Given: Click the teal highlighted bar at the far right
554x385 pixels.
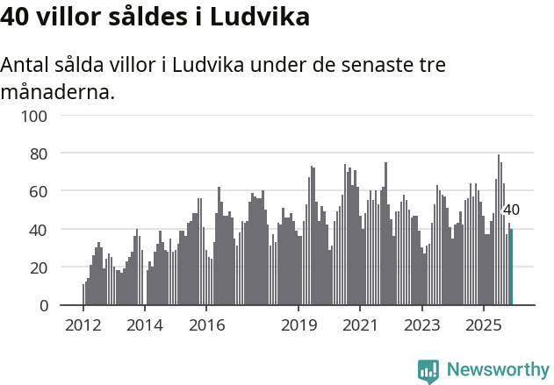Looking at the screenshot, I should (511, 267).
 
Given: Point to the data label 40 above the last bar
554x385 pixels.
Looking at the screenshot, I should (511, 210).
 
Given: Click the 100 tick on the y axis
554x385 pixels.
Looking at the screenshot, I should (34, 116).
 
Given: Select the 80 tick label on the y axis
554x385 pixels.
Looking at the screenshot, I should (38, 153).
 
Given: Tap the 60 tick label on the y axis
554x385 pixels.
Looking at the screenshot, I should (38, 191).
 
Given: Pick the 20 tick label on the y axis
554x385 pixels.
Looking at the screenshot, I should (38, 267).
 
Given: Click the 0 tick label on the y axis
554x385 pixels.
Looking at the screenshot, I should (42, 305).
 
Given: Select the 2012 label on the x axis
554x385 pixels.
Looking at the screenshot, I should (83, 324).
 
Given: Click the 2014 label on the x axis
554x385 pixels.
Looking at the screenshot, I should (145, 324).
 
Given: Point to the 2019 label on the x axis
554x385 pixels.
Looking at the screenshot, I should (299, 324).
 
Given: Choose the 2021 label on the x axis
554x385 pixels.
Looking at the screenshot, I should (360, 324).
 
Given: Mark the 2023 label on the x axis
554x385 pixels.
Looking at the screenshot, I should (421, 324).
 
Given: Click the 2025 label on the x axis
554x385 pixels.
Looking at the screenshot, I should (483, 324).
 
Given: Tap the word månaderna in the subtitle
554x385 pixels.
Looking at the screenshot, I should (58, 91).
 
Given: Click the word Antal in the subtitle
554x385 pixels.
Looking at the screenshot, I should (27, 65).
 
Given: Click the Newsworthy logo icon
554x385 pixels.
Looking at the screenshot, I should (428, 371).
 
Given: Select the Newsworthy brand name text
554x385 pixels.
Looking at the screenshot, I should (497, 370).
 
